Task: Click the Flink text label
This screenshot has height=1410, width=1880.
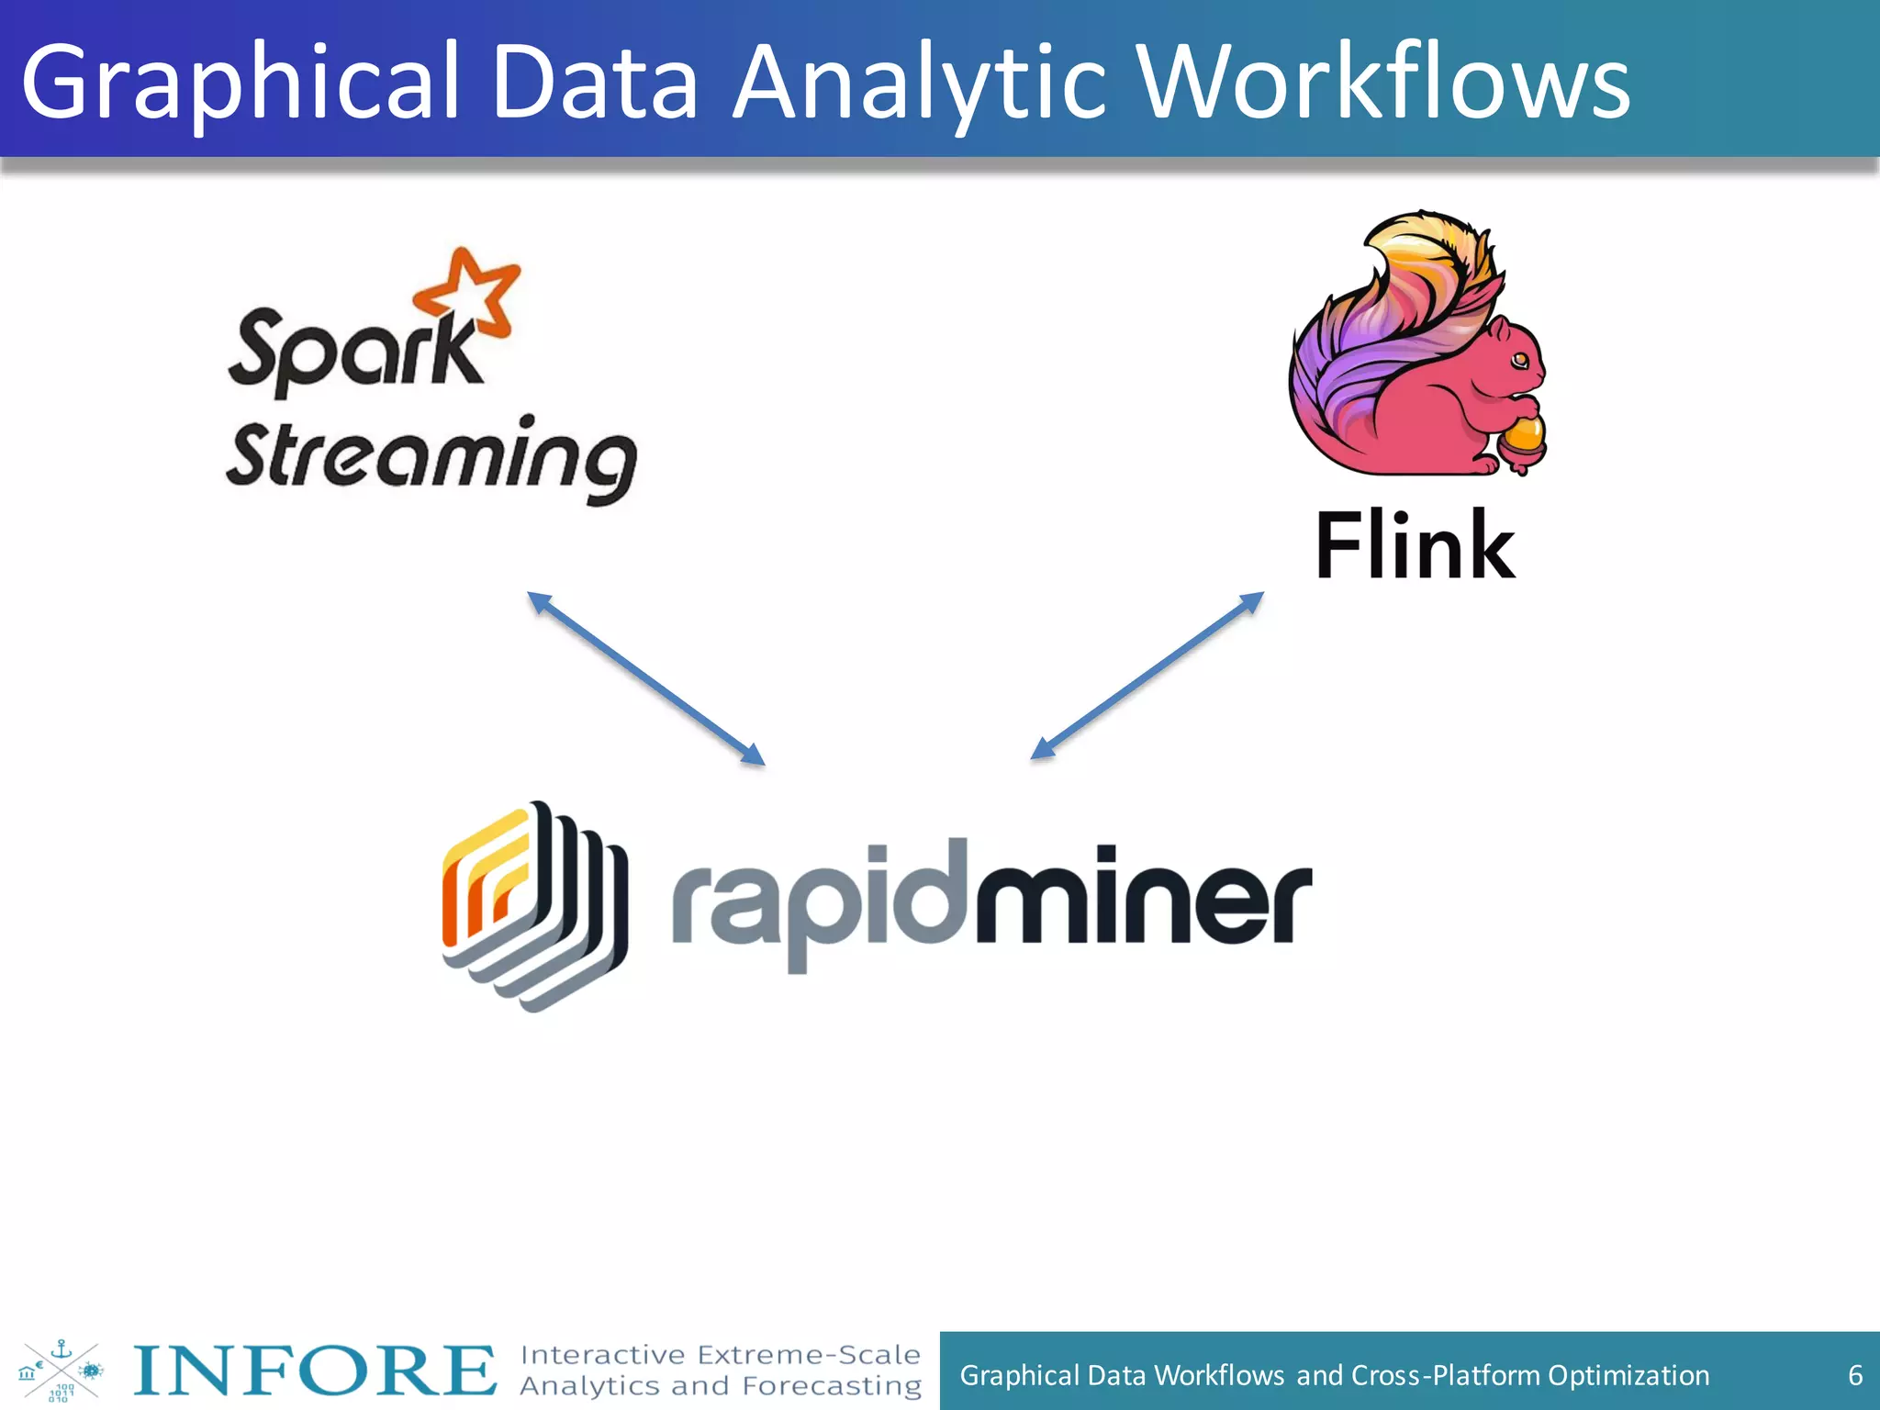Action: pyautogui.click(x=1415, y=545)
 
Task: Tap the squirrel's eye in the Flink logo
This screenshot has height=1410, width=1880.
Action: pyautogui.click(x=1519, y=359)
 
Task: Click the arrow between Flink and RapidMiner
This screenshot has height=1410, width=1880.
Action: pyautogui.click(x=1147, y=676)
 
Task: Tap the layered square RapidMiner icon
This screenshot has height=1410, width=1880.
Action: pyautogui.click(x=532, y=904)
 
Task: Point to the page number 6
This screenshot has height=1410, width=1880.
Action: pyautogui.click(x=1854, y=1375)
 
